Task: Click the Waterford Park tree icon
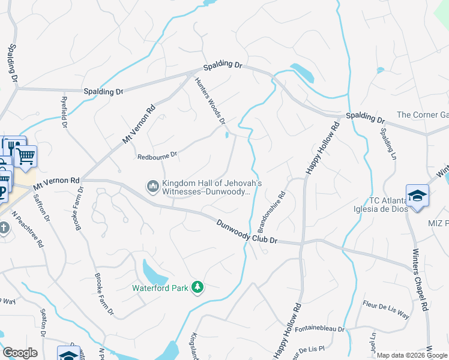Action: point(197,287)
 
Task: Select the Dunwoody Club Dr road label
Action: point(246,231)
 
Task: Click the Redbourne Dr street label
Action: point(157,155)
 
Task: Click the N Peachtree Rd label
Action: point(29,230)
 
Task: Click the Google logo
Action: point(20,353)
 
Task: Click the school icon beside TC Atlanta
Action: point(417,196)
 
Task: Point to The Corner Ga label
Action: point(423,115)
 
